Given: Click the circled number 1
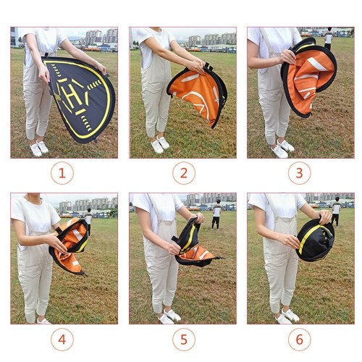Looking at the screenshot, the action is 62,173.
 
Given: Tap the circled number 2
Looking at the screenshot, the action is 184,173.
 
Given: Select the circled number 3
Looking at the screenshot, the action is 299,173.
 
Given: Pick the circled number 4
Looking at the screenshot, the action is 62,340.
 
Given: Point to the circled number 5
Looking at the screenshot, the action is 184,340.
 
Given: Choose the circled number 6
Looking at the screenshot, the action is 299,340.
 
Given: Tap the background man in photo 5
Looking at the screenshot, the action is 216,214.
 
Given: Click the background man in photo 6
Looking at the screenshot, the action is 336,211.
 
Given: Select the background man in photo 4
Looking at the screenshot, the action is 88,222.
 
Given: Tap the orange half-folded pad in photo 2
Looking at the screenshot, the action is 197,95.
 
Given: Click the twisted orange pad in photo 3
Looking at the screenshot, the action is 309,77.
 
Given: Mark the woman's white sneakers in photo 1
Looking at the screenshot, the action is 39,148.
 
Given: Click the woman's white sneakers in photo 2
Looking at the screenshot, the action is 160,144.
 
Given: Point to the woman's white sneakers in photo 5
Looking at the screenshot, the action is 169,316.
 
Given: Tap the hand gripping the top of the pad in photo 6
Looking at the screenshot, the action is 326,216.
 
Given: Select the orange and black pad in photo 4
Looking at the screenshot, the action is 69,246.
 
